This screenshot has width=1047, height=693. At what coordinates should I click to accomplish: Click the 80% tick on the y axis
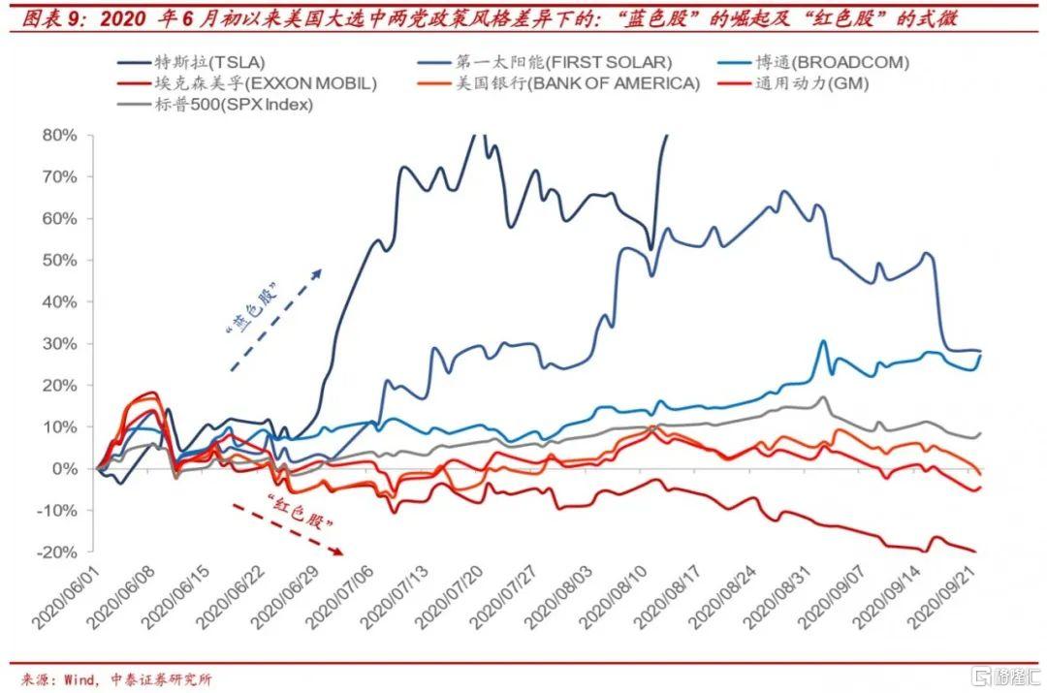60,136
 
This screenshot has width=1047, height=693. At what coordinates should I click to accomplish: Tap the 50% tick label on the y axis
60,261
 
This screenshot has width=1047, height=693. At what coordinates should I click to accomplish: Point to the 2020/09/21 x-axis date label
944,595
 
